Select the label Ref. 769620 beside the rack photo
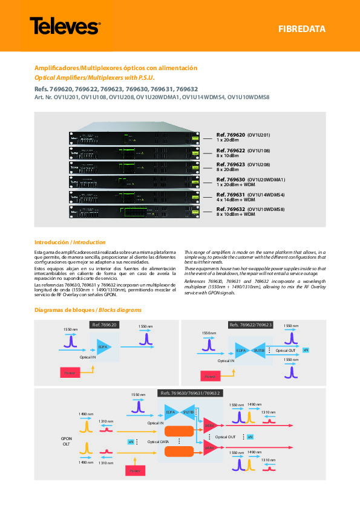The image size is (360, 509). (x=231, y=135)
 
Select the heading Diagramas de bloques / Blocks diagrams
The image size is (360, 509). (x=88, y=310)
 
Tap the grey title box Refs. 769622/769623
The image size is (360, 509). (x=250, y=325)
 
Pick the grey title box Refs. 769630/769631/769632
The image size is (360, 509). (x=188, y=394)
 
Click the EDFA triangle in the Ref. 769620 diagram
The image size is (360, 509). (x=103, y=349)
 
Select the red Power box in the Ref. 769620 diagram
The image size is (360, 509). (x=68, y=373)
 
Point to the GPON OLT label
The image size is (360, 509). (x=66, y=441)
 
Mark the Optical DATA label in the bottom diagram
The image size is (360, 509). (x=159, y=442)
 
